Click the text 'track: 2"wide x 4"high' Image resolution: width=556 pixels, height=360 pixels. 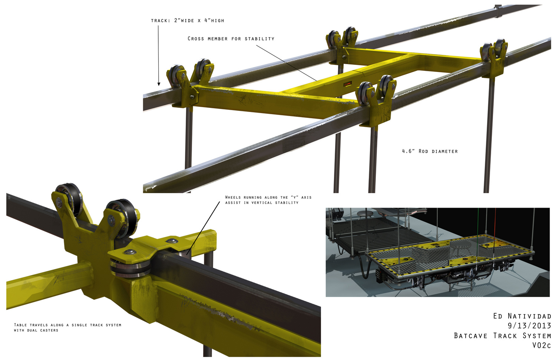[x=188, y=20]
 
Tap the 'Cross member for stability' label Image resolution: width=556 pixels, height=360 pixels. [x=231, y=39]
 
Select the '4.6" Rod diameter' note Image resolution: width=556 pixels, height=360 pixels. [x=430, y=151]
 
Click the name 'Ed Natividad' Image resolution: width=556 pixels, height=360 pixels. [x=522, y=316]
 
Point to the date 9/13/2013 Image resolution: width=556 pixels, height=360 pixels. [x=529, y=326]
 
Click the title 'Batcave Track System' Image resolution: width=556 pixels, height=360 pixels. [x=502, y=336]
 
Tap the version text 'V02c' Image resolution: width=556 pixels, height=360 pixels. [x=541, y=345]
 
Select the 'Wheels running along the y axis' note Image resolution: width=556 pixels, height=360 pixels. [x=268, y=200]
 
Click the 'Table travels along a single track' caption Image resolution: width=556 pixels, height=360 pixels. [x=67, y=327]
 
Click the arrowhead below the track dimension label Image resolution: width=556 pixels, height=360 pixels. [x=159, y=84]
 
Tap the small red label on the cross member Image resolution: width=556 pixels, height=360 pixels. [x=348, y=84]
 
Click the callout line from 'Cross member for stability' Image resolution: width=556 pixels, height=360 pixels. [x=287, y=63]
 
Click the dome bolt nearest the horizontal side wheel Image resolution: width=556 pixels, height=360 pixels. [x=130, y=252]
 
